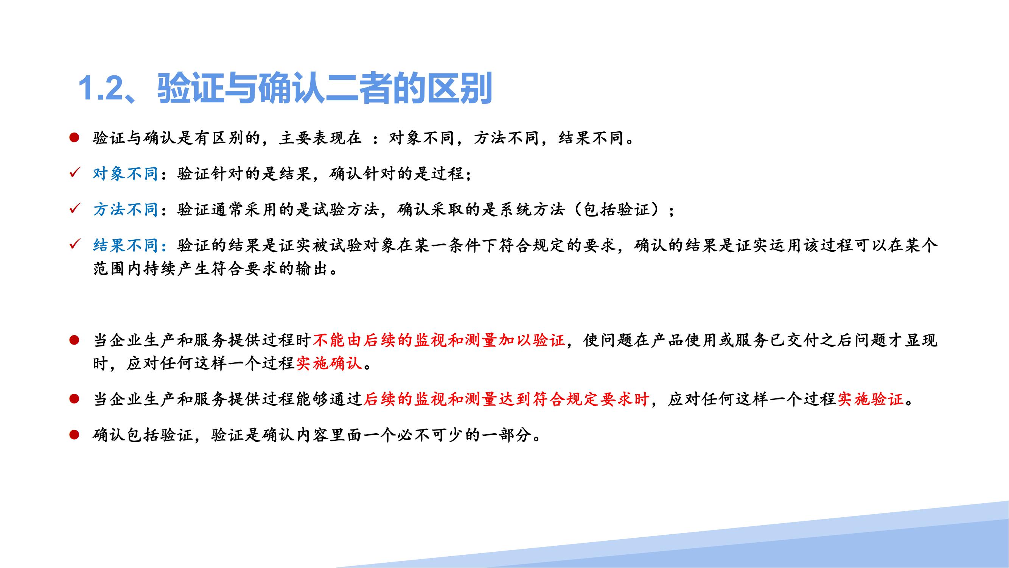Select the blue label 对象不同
[126, 174]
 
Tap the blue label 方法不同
[126, 210]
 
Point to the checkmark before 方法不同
[75, 209]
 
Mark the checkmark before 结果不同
[75, 245]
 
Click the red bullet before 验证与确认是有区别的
[75, 137]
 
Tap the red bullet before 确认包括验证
[75, 435]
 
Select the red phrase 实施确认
[329, 364]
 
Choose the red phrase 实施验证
[870, 399]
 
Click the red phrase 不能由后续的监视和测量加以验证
[439, 340]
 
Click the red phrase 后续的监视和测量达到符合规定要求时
[507, 399]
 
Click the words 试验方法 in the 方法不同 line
[346, 210]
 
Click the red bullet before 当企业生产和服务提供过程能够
[75, 399]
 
